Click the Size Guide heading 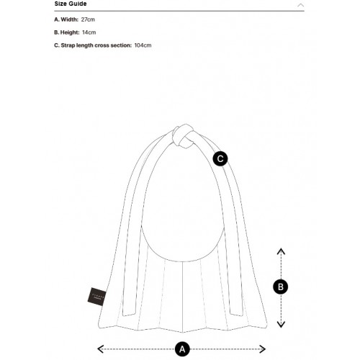coord(70,4)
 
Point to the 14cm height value coord(89,32)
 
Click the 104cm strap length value coord(143,45)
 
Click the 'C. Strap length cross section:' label coord(93,45)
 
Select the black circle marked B coord(282,287)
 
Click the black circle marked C coord(221,158)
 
